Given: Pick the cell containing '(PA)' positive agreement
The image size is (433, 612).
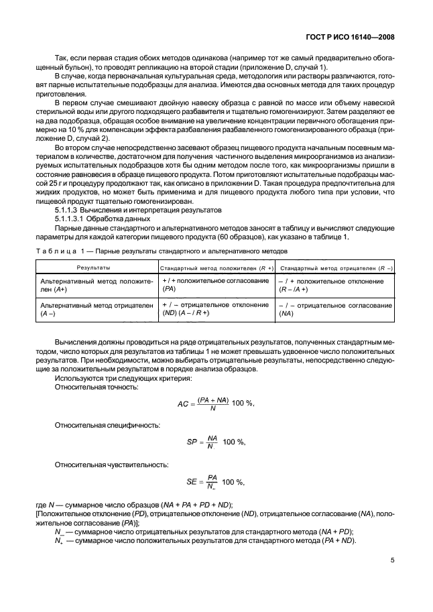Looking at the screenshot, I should click(212, 286).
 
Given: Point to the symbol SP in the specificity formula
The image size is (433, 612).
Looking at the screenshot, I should click(192, 442).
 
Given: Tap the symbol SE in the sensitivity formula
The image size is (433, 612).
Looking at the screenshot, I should click(193, 481).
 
